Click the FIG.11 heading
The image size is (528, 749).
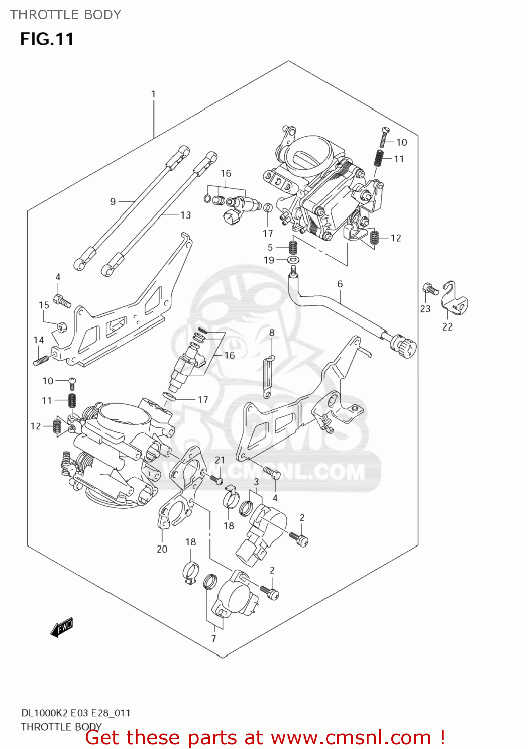coord(47,39)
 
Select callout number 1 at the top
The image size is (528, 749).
coord(153,94)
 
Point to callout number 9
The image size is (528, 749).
coord(113,201)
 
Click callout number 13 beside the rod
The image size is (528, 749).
coord(185,215)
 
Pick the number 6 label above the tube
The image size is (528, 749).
coord(340,284)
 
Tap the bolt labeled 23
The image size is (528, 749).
coord(430,288)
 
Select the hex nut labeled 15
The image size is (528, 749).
coord(61,327)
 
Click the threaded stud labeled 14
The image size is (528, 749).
coord(42,359)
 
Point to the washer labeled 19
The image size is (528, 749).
coord(294,260)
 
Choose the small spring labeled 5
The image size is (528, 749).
coord(293,247)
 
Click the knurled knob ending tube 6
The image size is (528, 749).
coord(404,346)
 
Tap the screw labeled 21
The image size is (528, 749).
coord(217,480)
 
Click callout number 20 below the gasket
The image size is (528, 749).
coord(162,549)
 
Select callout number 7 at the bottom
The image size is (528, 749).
coord(213,638)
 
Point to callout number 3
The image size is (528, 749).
coord(256,482)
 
